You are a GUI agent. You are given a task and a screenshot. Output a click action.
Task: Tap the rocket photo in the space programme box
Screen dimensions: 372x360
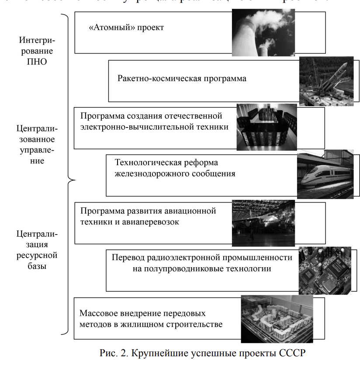(326, 81)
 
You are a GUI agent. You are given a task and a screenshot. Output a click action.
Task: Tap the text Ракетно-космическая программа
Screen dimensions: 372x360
(182, 79)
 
